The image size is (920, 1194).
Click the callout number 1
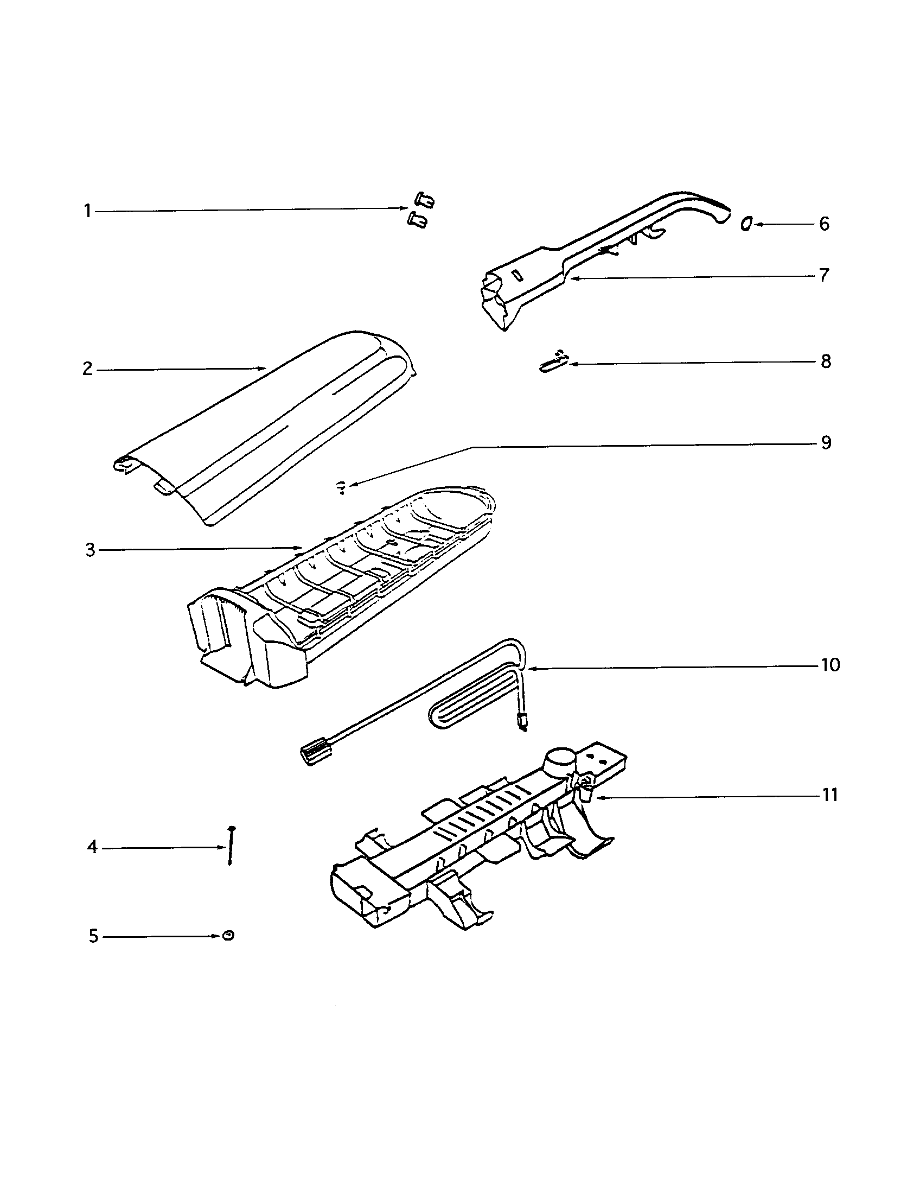pyautogui.click(x=87, y=211)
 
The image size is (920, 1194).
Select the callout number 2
pyautogui.click(x=88, y=369)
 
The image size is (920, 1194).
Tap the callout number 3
pyautogui.click(x=90, y=550)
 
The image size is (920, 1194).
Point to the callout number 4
pyautogui.click(x=92, y=847)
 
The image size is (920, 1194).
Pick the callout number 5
pyautogui.click(x=93, y=937)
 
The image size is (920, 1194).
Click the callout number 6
pyautogui.click(x=824, y=224)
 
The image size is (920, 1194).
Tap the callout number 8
pyautogui.click(x=826, y=361)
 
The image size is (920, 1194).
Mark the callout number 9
pyautogui.click(x=826, y=442)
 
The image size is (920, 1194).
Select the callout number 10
pyautogui.click(x=830, y=665)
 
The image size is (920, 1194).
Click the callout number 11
pyautogui.click(x=830, y=795)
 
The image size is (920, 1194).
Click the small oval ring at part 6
pyautogui.click(x=746, y=224)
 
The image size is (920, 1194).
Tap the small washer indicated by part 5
pyautogui.click(x=228, y=936)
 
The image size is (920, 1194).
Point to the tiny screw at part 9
pyautogui.click(x=341, y=486)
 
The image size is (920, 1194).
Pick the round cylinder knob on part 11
pyautogui.click(x=560, y=760)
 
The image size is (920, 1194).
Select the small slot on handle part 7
pyautogui.click(x=517, y=275)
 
